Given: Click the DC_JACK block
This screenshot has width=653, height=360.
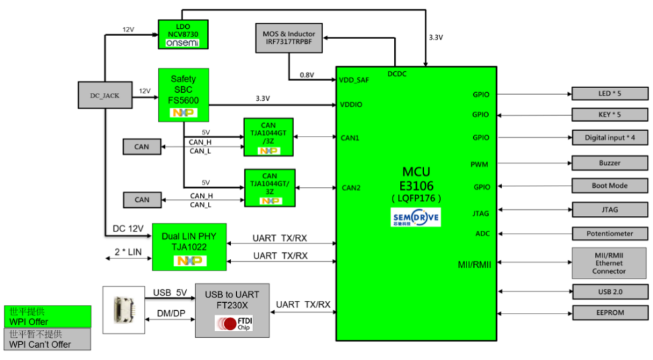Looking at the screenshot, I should point(104,96).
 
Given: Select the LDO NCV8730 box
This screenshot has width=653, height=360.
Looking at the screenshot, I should point(182,34).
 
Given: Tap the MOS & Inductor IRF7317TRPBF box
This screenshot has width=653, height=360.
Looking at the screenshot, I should point(289,38).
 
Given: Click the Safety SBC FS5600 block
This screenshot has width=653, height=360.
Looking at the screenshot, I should point(183,94).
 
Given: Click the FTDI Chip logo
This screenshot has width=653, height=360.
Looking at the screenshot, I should point(233,324).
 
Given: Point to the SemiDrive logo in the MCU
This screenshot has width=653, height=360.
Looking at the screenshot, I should point(416,217).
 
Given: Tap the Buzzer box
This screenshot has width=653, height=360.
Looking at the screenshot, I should point(609,163).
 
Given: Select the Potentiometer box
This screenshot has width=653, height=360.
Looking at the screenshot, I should point(609,233).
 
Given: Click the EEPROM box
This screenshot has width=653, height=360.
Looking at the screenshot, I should point(609,313).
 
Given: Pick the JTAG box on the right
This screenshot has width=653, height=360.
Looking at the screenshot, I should point(609,209).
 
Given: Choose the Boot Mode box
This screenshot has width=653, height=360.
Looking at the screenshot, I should point(609,186).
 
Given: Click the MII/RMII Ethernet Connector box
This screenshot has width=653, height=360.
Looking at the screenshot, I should point(609,263).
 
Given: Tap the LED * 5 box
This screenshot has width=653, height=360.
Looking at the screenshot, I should point(609,93).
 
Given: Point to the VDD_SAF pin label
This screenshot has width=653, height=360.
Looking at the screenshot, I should point(353,80).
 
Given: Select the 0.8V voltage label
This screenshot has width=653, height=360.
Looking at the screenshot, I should point(306,75).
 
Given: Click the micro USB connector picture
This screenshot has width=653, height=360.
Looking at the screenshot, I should point(123,310).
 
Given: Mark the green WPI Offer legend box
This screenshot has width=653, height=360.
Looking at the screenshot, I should point(47,317).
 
